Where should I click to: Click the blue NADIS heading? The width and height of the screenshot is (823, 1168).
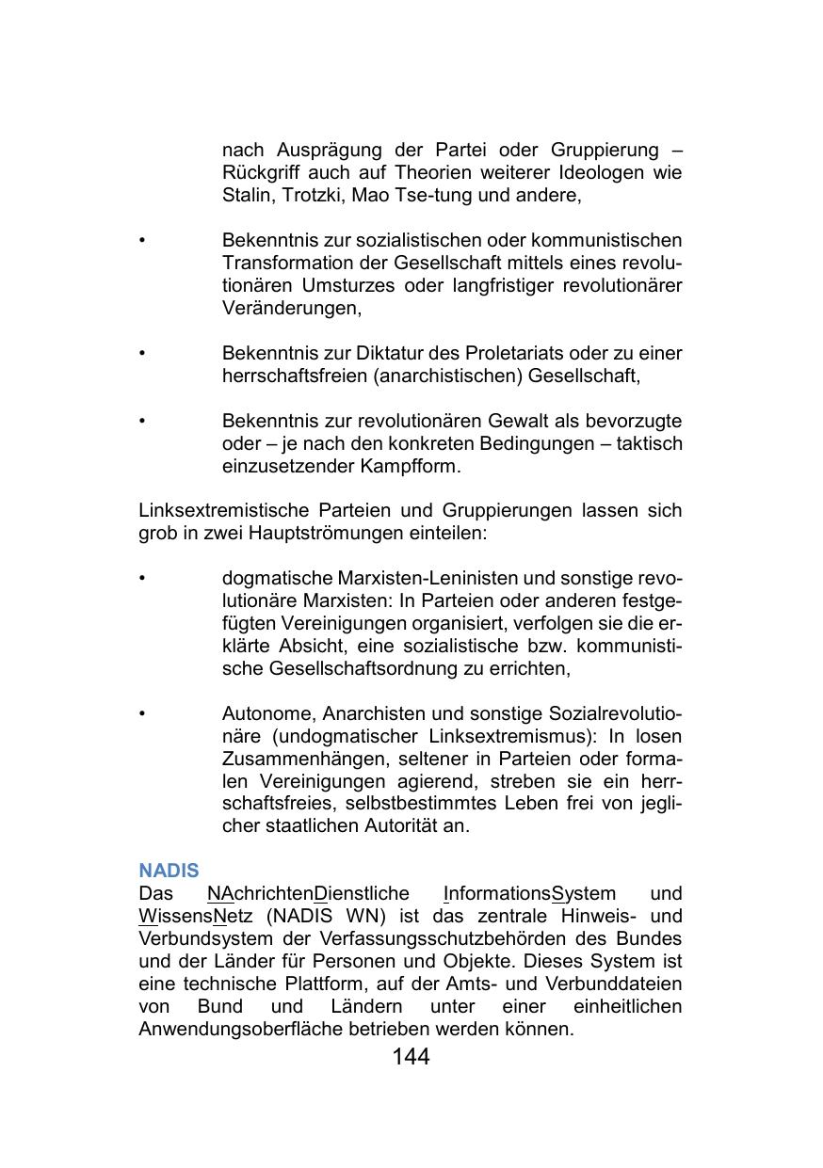pyautogui.click(x=169, y=871)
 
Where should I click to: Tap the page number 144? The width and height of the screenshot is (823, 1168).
pyautogui.click(x=411, y=1057)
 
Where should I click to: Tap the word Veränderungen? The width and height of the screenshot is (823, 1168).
pyautogui.click(x=291, y=308)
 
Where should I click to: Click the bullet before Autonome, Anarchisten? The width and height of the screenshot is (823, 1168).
pyautogui.click(x=142, y=713)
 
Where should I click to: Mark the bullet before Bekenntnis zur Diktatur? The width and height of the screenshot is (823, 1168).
pyautogui.click(x=142, y=353)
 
